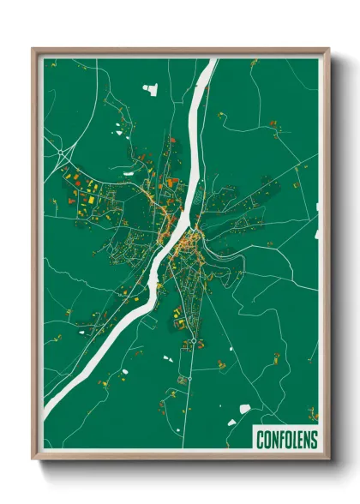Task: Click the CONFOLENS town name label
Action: click(286, 440)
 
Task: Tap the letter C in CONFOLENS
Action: click(261, 440)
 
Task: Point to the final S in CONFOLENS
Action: click(313, 440)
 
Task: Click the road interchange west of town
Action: click(63, 154)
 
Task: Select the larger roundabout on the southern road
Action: click(195, 340)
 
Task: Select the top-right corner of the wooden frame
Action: click(328, 50)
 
